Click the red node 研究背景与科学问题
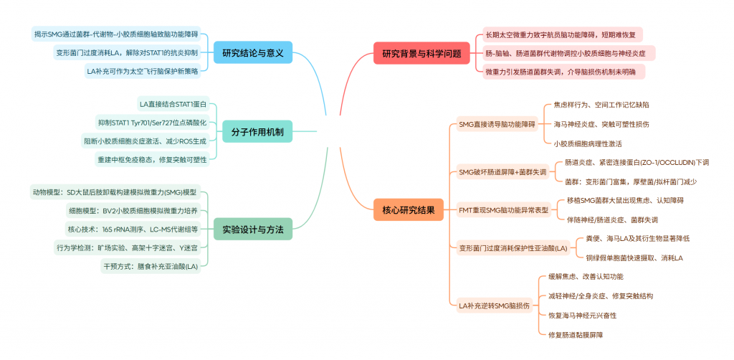point(421,52)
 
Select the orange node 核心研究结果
point(409,210)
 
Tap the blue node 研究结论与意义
point(253,52)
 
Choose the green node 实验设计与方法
point(253,229)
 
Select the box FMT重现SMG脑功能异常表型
point(502,210)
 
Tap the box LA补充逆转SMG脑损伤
point(495,305)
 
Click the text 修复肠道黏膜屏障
point(580,334)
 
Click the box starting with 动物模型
point(114,192)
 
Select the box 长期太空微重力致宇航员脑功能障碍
point(563,34)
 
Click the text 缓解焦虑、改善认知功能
point(585,277)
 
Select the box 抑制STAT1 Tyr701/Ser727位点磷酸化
point(152,123)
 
